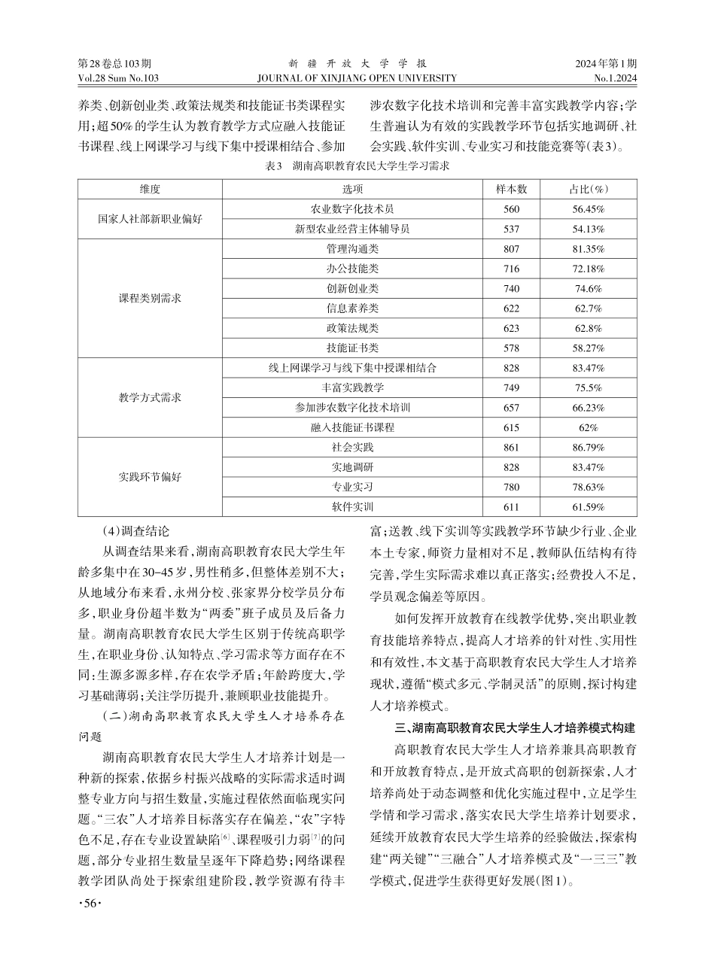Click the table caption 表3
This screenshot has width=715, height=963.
pos(357,167)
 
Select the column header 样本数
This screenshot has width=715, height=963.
pos(512,189)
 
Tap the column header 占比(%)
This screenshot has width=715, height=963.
pos(588,189)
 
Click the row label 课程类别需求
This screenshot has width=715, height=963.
pos(150,298)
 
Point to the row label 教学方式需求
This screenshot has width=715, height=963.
pos(150,397)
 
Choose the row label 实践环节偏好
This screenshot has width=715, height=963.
pos(150,477)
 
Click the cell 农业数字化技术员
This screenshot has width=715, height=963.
pos(352,208)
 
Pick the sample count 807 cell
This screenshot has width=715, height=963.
pos(512,248)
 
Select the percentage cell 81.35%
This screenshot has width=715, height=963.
pos(588,248)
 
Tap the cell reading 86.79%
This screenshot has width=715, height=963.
pos(588,447)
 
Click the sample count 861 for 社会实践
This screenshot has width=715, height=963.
pos(512,447)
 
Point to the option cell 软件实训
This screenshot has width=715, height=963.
pos(352,507)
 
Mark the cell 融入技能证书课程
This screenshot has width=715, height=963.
pos(352,427)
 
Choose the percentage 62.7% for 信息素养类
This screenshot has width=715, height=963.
pos(588,308)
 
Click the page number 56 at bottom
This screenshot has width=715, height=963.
pos(90,923)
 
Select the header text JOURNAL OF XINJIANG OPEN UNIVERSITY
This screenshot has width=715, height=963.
pos(357,77)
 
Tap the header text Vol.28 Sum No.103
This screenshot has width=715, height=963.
pos(118,77)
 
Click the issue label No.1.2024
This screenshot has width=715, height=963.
pos(615,77)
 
